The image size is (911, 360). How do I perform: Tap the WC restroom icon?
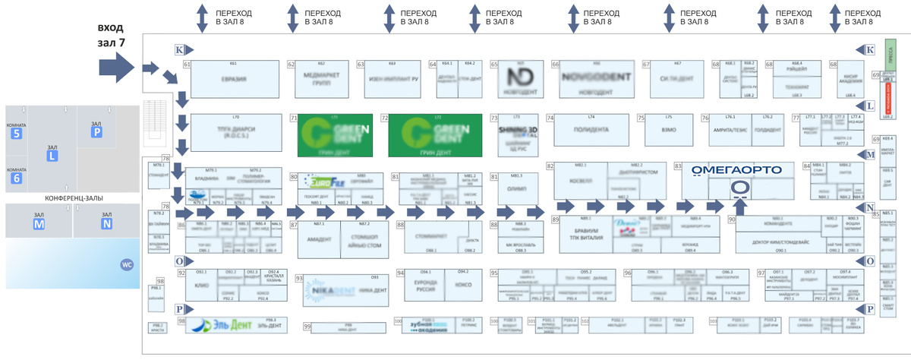coord(127,264)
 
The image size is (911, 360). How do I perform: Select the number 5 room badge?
coord(17,134)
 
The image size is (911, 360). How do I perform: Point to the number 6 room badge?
coord(17,179)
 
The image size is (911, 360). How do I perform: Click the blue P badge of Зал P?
coord(96,131)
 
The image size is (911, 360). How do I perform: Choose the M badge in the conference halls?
coord(39,224)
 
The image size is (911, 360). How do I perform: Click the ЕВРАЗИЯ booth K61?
coord(234,78)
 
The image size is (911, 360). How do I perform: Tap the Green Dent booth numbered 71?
coord(335,134)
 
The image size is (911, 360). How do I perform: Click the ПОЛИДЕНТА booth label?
coord(591,130)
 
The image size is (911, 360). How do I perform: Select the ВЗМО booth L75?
coord(669,130)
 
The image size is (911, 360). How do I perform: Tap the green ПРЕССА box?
coord(890,55)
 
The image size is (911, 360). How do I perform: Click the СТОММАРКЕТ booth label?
coord(429,236)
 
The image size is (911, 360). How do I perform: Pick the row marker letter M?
coord(870,155)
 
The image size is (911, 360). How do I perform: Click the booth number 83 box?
coord(679,166)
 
